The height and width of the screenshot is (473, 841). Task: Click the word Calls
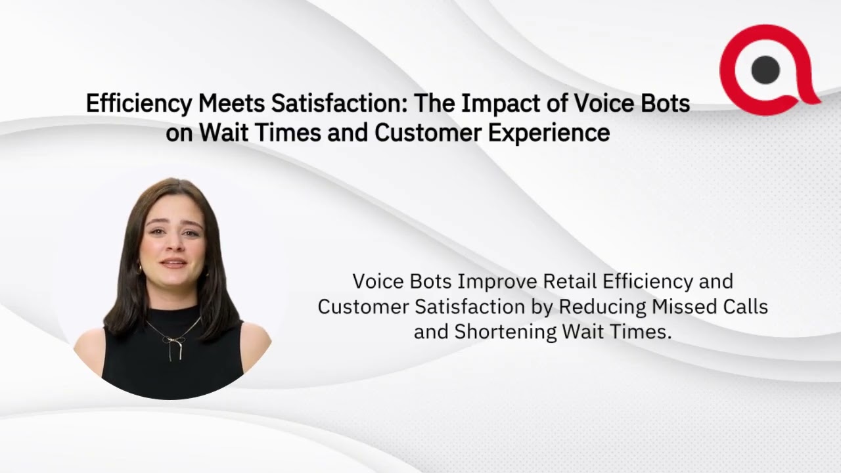(748, 307)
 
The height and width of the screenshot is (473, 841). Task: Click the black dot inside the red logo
(765, 70)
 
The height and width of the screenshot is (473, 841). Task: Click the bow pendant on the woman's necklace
(173, 342)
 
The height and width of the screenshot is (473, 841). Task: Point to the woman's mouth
(173, 263)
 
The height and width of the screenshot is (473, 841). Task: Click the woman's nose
(173, 245)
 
